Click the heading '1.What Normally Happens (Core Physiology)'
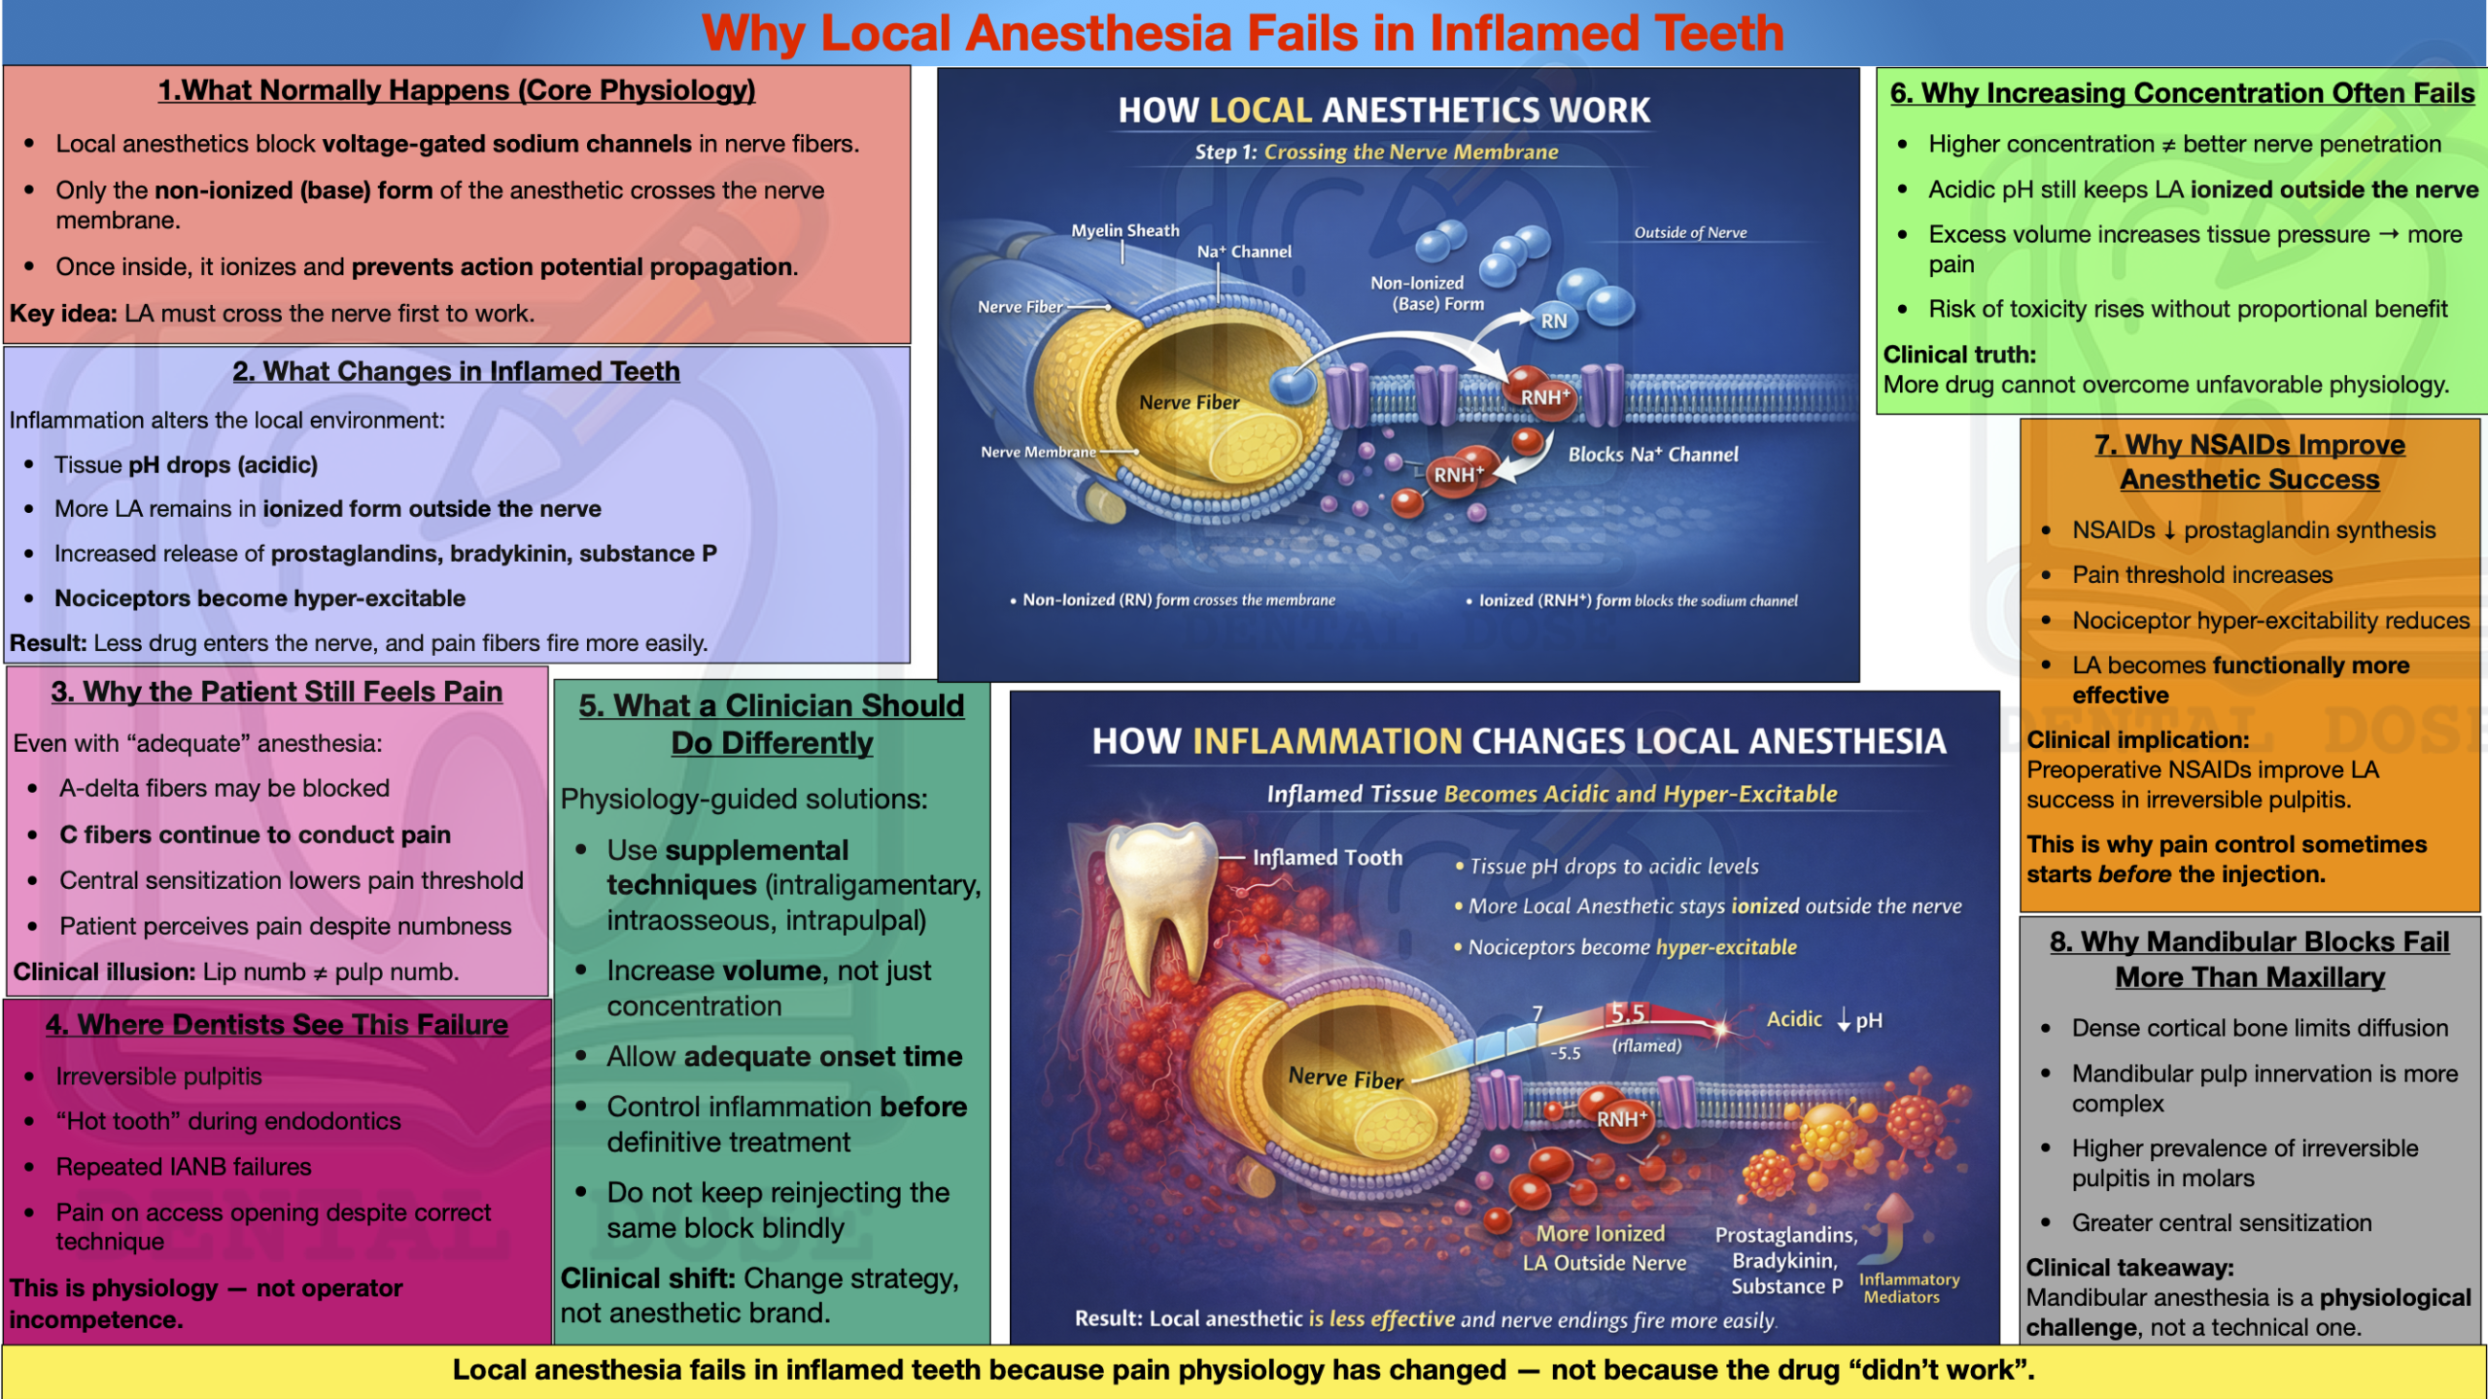pyautogui.click(x=457, y=90)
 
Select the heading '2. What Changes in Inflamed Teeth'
pyautogui.click(x=456, y=371)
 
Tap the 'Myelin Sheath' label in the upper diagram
pyautogui.click(x=1125, y=230)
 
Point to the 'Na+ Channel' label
pyautogui.click(x=1244, y=251)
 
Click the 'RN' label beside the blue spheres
pyautogui.click(x=1554, y=321)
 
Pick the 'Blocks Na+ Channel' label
pyautogui.click(x=1653, y=454)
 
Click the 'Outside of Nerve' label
pyautogui.click(x=1690, y=232)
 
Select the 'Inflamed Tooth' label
pyautogui.click(x=1328, y=857)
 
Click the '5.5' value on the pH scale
pyautogui.click(x=1628, y=1013)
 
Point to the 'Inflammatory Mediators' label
pyautogui.click(x=1909, y=1288)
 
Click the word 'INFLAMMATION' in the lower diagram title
pyautogui.click(x=1327, y=741)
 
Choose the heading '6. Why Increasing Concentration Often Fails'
pyautogui.click(x=2182, y=92)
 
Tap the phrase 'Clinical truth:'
pyautogui.click(x=1959, y=355)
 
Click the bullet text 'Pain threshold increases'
pyautogui.click(x=2202, y=574)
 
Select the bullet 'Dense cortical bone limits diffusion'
pyautogui.click(x=2260, y=1028)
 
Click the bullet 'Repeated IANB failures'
pyautogui.click(x=184, y=1167)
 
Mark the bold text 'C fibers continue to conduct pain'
pyautogui.click(x=255, y=835)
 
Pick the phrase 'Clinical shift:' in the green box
pyautogui.click(x=648, y=1279)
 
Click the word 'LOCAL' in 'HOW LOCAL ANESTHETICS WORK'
pyautogui.click(x=1261, y=110)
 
